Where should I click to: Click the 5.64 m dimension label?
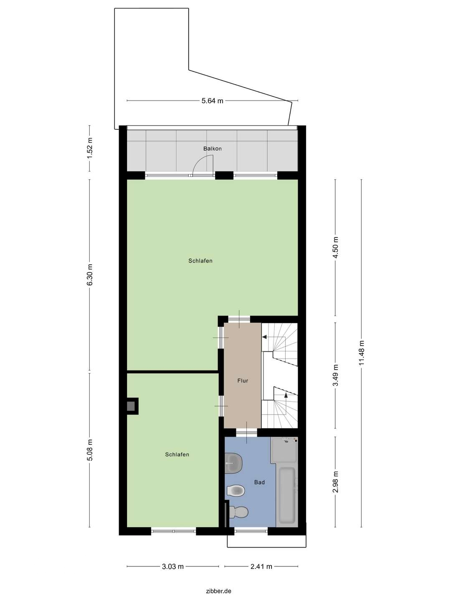click(212, 101)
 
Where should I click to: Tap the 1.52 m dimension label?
click(90, 148)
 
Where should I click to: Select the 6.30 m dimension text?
click(90, 275)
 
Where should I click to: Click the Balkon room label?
click(212, 149)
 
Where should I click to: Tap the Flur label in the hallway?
click(243, 381)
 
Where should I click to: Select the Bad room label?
click(259, 482)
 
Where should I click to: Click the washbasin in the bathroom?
click(233, 463)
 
